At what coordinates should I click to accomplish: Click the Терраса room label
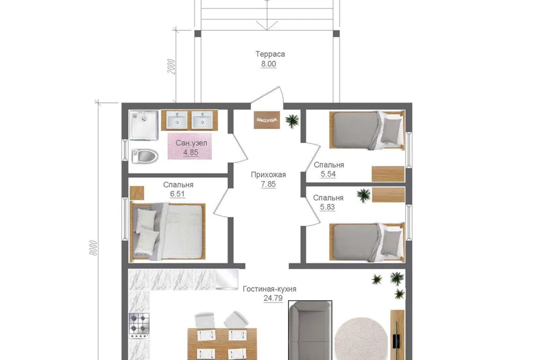tap(270, 54)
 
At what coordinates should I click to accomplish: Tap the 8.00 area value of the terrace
tap(268, 64)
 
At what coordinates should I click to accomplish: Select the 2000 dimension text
tap(171, 66)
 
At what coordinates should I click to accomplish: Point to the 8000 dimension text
tap(93, 247)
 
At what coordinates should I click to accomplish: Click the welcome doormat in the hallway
tap(267, 120)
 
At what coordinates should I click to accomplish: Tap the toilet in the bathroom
tap(145, 156)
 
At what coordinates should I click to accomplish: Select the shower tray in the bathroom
tap(144, 125)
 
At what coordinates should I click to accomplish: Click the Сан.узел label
tap(191, 143)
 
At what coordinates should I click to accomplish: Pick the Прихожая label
tap(268, 175)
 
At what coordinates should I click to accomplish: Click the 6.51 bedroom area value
tap(177, 193)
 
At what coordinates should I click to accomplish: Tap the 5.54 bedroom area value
tap(328, 174)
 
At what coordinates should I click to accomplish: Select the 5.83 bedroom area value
tap(327, 206)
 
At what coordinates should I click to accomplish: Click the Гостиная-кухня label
tap(269, 289)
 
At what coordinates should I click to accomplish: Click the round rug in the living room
tap(361, 339)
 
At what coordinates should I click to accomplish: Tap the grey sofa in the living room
tap(310, 331)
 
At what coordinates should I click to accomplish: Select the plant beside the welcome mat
tap(292, 120)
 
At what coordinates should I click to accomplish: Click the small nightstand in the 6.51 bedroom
tap(137, 193)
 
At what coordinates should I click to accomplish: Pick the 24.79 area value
tap(273, 298)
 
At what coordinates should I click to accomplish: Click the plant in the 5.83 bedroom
tap(364, 195)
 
